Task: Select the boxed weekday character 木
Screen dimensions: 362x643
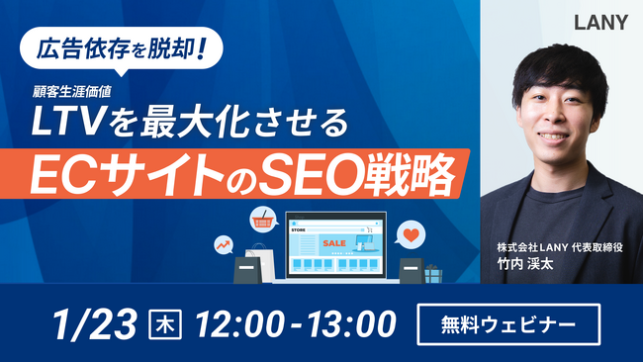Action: coord(161,322)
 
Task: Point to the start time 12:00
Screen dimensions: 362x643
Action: coord(230,322)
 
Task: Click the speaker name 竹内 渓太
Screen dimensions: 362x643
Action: coord(528,265)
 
